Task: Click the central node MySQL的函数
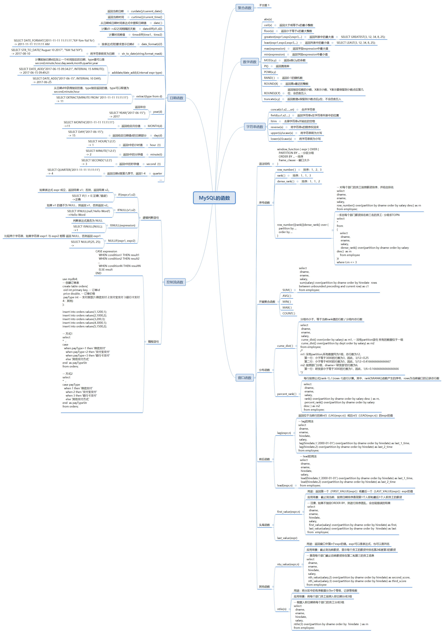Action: point(214,198)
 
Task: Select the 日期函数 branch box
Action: point(176,98)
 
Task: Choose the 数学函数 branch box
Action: point(249,62)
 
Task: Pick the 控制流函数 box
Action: point(175,282)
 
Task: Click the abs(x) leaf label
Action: point(268,19)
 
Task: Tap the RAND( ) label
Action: point(269,78)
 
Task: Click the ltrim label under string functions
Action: point(274,121)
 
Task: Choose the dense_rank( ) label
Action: point(285,181)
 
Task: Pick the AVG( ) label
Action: point(287,296)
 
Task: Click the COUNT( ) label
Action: point(288,313)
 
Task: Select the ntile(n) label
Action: point(282,609)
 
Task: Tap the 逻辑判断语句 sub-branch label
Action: point(151,218)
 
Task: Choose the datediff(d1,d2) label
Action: point(152,29)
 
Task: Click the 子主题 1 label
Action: point(264,5)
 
